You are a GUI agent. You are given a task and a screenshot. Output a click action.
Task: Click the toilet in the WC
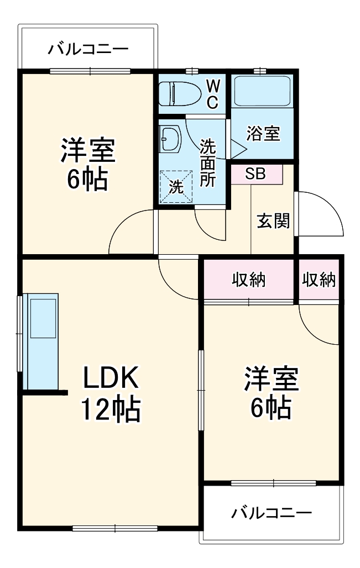tap(179, 93)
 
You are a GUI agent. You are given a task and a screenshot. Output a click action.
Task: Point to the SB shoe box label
tap(255, 173)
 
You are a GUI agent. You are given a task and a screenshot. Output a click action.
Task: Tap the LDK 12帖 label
tap(111, 393)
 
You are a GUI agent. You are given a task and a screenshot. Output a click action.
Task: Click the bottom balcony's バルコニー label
tap(271, 513)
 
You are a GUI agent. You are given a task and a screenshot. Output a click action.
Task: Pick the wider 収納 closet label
tap(248, 280)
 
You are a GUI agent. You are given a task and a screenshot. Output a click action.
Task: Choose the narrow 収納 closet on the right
tap(319, 280)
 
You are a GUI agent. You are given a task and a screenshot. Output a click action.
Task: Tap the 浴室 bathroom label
tap(263, 133)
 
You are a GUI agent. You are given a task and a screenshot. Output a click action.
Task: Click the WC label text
tap(213, 93)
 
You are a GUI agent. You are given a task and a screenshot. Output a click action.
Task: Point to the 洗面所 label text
tap(208, 163)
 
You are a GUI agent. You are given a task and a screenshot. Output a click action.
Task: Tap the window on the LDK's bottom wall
tap(115, 527)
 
